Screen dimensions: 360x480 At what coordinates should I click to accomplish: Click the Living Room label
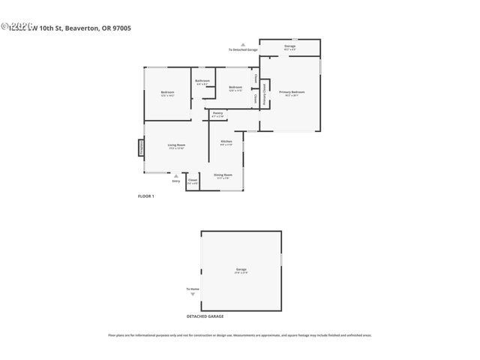176,145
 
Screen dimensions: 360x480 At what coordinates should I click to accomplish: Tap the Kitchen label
226,142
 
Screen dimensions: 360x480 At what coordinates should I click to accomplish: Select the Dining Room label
224,175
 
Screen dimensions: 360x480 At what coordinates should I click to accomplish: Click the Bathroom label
202,81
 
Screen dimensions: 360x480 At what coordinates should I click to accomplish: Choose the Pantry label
217,113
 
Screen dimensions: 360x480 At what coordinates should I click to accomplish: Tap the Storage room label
289,46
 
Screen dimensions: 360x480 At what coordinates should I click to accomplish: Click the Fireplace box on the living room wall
140,147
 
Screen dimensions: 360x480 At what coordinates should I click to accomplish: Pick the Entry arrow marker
176,176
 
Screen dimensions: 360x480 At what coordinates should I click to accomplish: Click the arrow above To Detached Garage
243,44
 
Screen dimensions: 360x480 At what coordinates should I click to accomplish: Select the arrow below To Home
193,295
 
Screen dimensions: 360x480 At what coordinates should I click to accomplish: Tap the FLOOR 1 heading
145,196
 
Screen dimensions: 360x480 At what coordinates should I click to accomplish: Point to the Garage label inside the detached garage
241,269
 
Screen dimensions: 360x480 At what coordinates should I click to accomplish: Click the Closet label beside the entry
193,180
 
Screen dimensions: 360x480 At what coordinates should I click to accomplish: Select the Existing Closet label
262,88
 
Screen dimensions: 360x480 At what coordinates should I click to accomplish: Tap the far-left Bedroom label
167,93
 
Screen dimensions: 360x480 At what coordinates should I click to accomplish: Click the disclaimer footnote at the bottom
240,334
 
